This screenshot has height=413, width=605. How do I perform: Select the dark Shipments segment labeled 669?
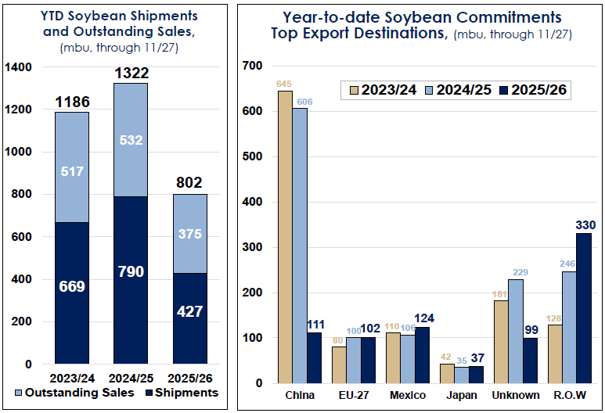pyautogui.click(x=71, y=293)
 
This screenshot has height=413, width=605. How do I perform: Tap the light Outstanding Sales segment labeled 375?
pyautogui.click(x=190, y=234)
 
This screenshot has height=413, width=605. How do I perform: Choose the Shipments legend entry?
pyautogui.click(x=185, y=392)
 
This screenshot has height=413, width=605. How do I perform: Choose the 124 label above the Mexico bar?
pyautogui.click(x=422, y=319)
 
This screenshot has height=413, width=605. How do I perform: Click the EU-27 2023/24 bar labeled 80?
pyautogui.click(x=339, y=365)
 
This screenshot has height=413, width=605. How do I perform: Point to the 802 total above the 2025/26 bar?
pyautogui.click(x=190, y=184)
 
